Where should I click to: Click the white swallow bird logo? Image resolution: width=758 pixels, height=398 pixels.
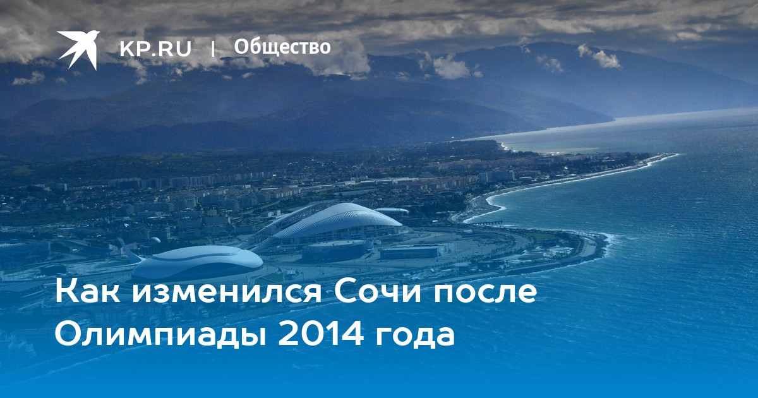[78, 49]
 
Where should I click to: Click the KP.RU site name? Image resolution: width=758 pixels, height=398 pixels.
[155, 49]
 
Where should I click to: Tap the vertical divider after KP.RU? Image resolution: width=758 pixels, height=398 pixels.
[213, 49]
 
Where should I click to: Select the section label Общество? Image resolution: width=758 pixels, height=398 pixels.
[282, 47]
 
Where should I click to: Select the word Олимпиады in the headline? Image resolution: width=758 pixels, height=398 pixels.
[161, 334]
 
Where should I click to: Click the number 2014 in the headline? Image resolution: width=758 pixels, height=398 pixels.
[321, 334]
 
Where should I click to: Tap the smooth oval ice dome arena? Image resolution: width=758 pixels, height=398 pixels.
[197, 263]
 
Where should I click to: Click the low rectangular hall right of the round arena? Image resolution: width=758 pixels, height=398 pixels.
[410, 253]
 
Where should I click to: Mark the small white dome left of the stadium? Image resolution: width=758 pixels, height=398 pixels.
[155, 240]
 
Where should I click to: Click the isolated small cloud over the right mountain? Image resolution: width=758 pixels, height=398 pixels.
[599, 56]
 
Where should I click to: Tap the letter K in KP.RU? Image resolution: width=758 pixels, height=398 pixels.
[126, 49]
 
